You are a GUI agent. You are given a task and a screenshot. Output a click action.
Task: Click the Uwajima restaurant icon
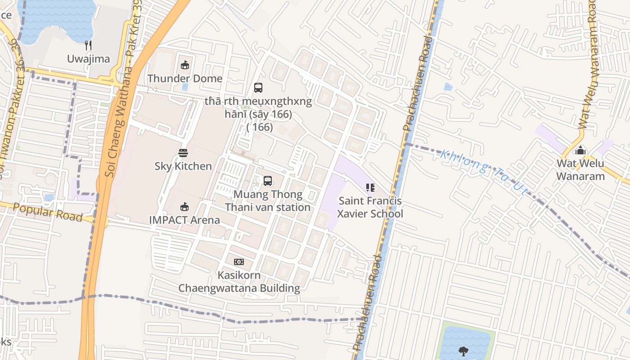pos(88,45)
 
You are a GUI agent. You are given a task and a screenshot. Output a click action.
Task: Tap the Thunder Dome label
pos(185,78)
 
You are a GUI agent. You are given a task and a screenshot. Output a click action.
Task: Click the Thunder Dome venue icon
pos(184,65)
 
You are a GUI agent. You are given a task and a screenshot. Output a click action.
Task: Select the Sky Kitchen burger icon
pos(183,153)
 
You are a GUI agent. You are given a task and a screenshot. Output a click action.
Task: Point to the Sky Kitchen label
pos(183,166)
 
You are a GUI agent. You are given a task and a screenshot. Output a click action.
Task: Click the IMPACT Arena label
pos(184,220)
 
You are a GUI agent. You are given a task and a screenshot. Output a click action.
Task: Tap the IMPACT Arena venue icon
pos(184,207)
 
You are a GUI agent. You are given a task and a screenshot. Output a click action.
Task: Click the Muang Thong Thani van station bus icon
pos(268,181)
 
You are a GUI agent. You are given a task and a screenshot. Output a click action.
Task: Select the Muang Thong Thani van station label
pos(268,201)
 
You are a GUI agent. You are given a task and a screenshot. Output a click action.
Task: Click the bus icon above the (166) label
pos(258,88)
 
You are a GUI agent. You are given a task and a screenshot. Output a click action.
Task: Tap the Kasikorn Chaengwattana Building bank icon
pos(239,262)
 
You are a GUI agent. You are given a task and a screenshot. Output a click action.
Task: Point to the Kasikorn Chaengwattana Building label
pos(239,281)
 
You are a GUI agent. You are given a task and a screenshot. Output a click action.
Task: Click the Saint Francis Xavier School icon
pos(370,188)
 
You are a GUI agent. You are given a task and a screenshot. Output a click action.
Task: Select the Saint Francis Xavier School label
pos(370,207)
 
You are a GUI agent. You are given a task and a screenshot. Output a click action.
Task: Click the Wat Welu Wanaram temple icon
pos(580,150)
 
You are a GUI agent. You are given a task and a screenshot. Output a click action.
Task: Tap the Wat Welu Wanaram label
pos(580,170)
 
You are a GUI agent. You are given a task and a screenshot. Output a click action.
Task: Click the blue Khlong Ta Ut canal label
pos(484,172)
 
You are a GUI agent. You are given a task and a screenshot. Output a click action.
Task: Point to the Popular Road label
pos(48,212)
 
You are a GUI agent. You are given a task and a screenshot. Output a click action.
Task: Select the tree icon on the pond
pos(463,351)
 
